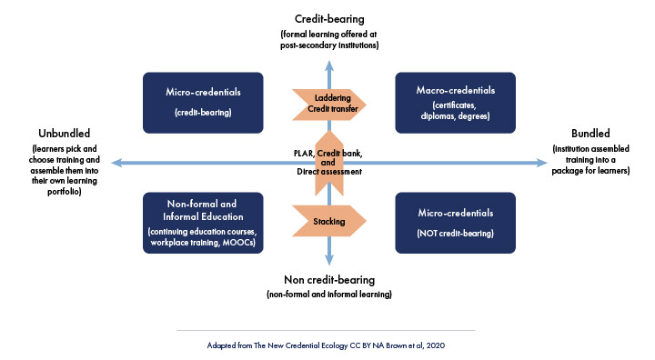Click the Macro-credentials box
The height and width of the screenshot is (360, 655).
(x=455, y=104)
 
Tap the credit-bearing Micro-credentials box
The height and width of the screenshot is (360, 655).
(x=198, y=104)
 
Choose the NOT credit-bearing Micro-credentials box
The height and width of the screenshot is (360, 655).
(x=455, y=223)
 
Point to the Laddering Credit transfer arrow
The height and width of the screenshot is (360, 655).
(x=328, y=103)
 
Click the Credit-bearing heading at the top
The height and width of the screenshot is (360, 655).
(x=329, y=18)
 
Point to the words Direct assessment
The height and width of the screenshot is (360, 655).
(x=328, y=171)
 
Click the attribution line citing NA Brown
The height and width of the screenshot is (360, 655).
(x=327, y=346)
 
